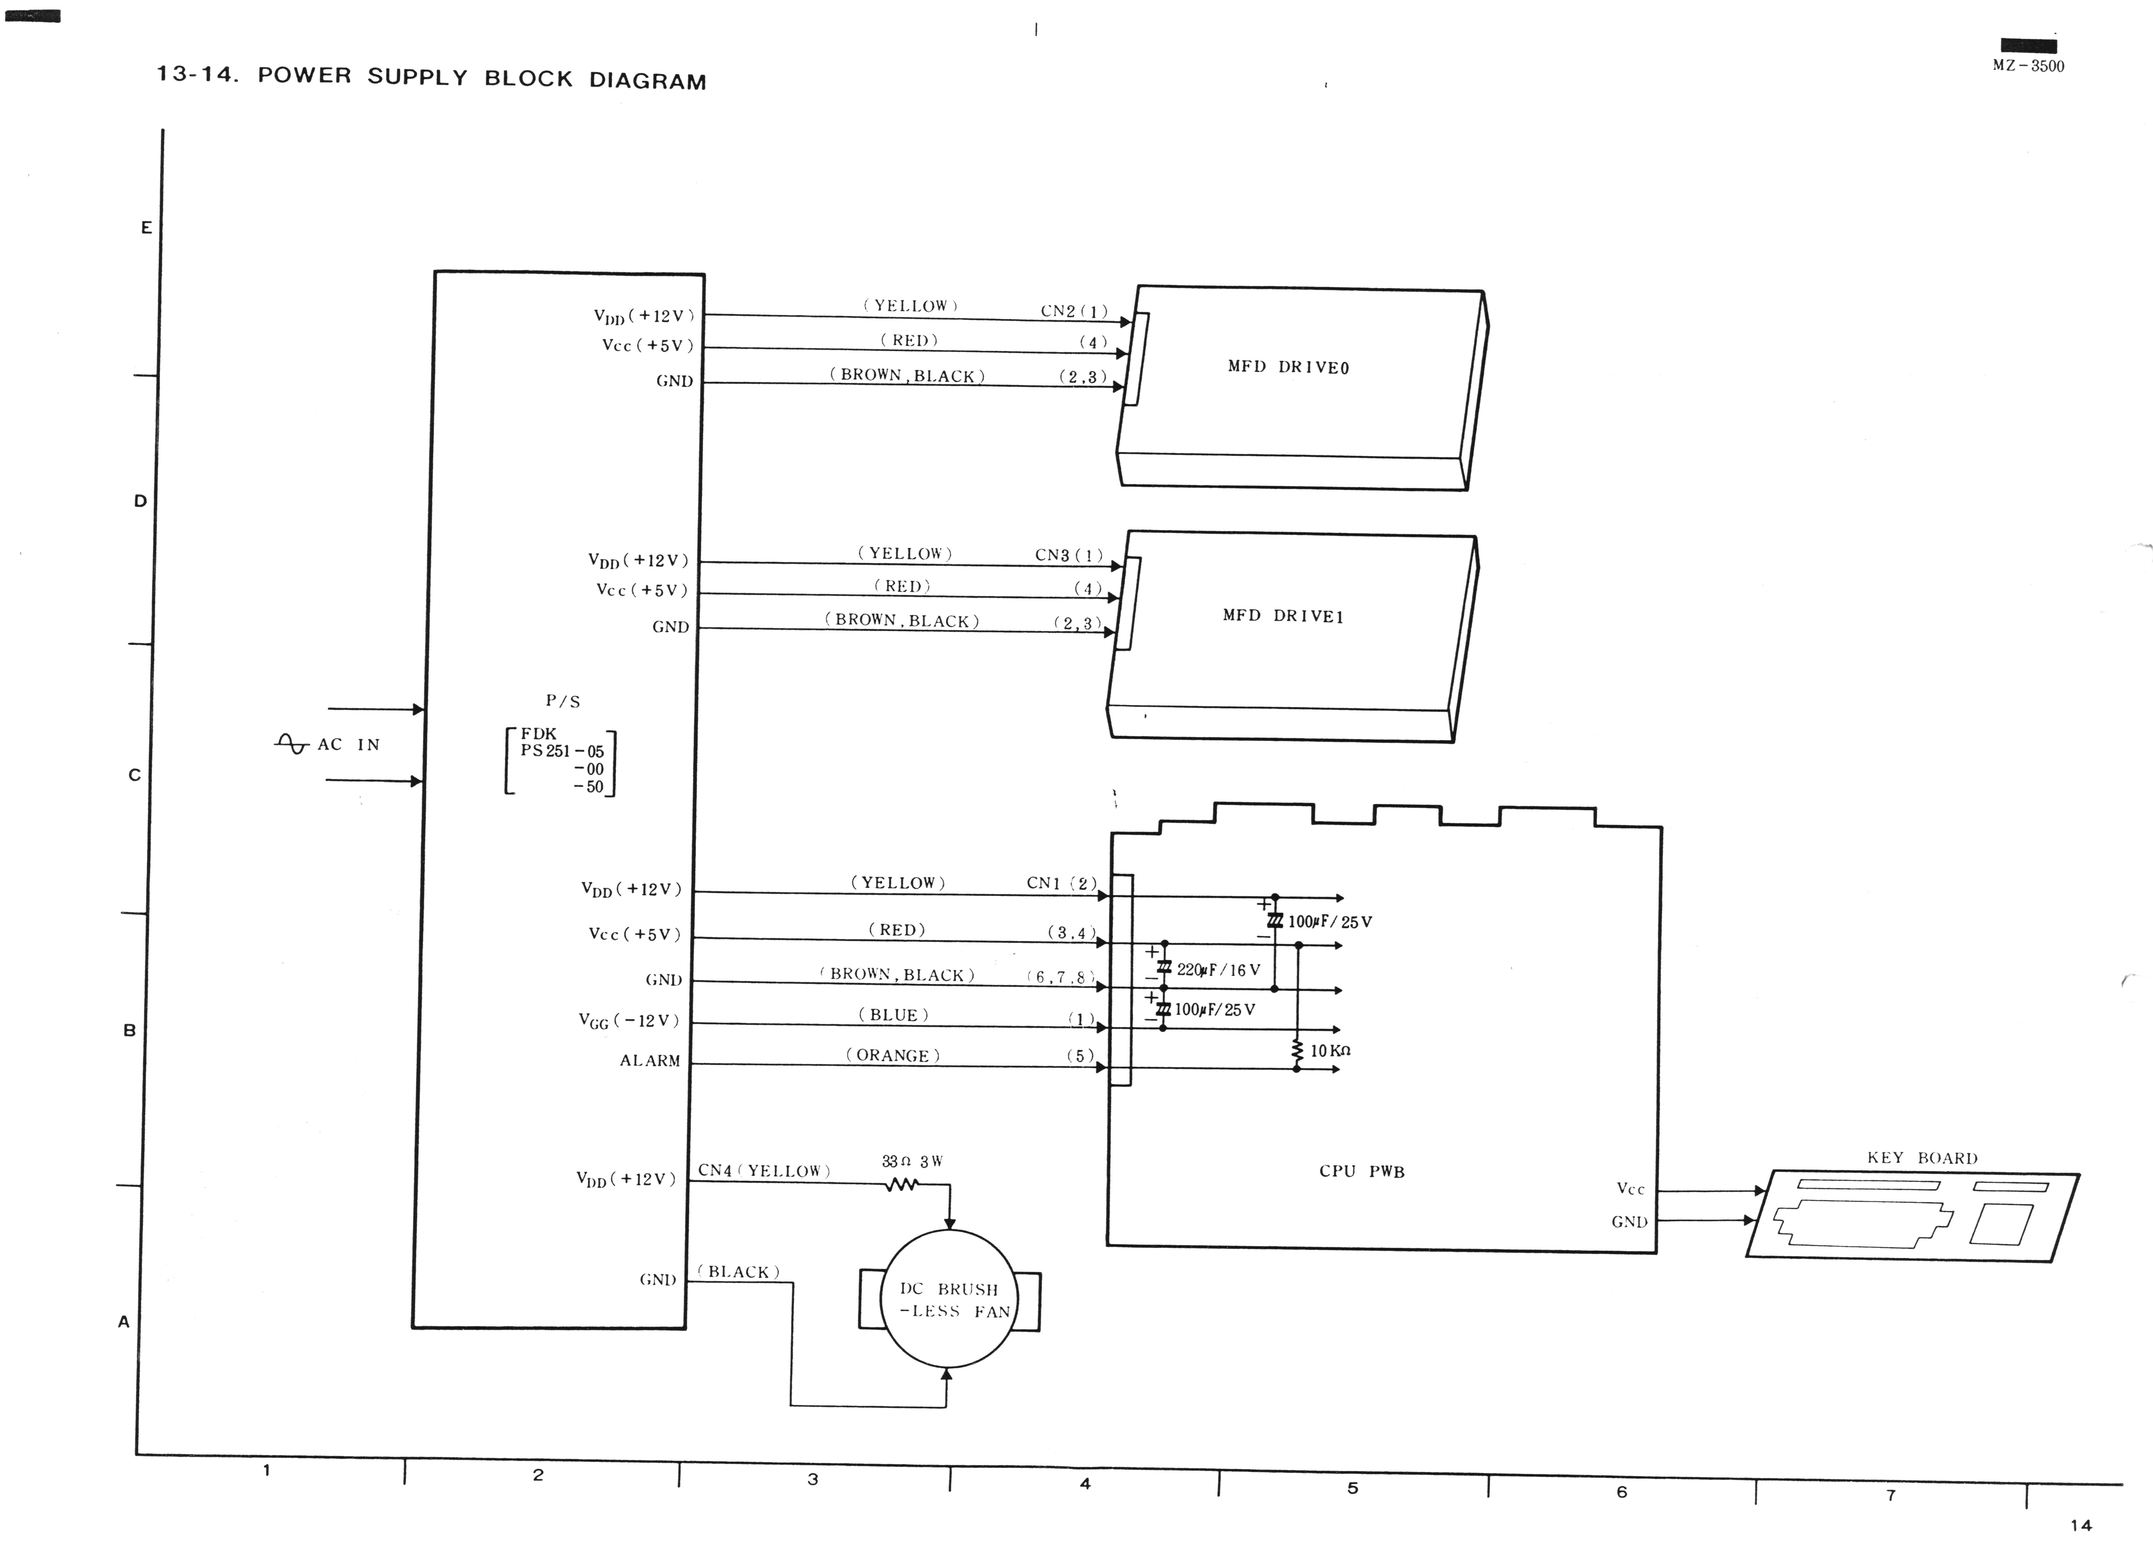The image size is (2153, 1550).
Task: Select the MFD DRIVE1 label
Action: pyautogui.click(x=1284, y=615)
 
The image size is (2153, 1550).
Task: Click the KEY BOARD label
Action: pyautogui.click(x=1922, y=1158)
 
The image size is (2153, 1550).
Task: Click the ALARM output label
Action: pyautogui.click(x=650, y=1060)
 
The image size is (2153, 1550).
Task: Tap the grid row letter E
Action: pyautogui.click(x=146, y=228)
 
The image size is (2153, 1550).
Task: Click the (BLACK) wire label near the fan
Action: pyautogui.click(x=739, y=1272)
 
